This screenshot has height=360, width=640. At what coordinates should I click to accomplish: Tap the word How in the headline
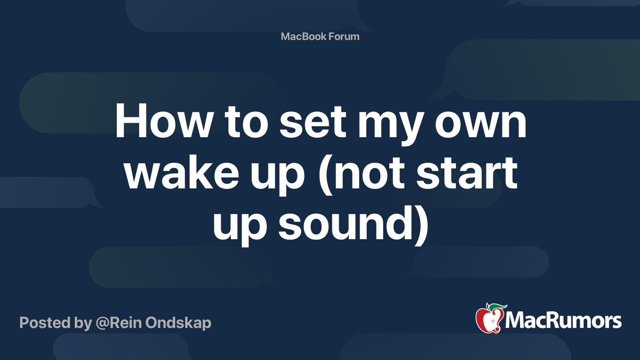pos(164,122)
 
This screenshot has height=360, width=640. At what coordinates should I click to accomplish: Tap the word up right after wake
pos(278,176)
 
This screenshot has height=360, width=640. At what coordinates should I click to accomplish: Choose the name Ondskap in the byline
pos(178,323)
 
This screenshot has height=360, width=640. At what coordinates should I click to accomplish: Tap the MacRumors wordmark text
pos(563,321)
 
